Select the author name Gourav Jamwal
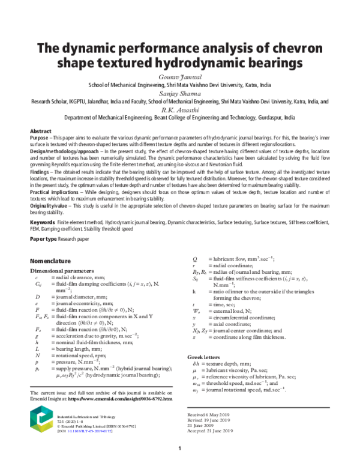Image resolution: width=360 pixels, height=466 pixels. [x=179, y=76]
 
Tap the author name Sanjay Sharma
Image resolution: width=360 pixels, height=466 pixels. [x=179, y=94]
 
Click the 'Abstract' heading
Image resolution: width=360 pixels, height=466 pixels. [x=41, y=131]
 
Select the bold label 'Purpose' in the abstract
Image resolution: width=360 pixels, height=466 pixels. [x=40, y=138]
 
